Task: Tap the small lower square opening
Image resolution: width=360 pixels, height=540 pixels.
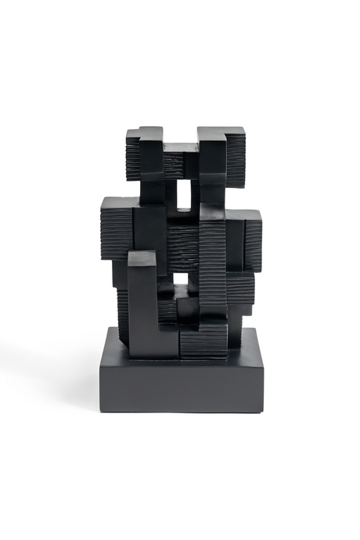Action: click(182, 279)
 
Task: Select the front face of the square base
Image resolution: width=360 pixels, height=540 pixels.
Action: click(180, 384)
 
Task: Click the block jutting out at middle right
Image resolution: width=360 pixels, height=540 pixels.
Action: click(249, 231)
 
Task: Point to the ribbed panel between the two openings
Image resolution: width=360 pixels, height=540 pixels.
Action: click(184, 243)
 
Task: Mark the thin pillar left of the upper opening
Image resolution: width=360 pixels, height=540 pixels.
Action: click(170, 196)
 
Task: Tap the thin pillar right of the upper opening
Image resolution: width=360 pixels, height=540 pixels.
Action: click(197, 196)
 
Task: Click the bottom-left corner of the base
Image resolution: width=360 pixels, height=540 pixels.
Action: click(101, 411)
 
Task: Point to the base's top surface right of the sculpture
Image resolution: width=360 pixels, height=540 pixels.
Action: click(244, 345)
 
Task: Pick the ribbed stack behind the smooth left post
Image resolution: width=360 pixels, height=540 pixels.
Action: click(122, 309)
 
